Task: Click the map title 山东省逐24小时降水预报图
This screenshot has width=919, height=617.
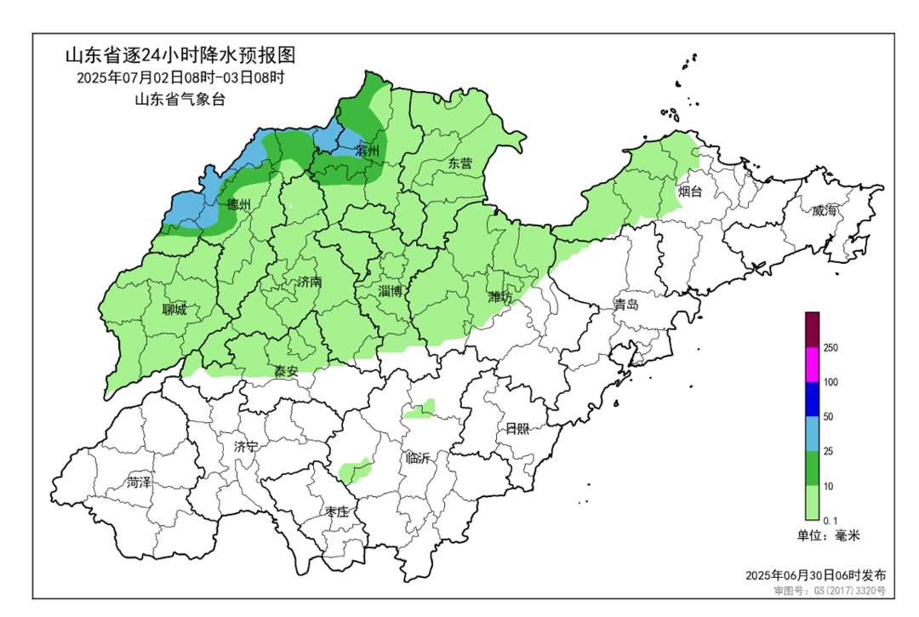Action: coord(180,56)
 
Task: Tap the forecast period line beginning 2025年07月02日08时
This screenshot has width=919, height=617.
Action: coord(180,77)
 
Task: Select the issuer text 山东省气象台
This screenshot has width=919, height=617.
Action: coord(180,99)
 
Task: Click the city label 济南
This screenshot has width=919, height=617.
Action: coord(310,282)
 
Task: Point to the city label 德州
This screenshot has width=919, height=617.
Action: coord(239,205)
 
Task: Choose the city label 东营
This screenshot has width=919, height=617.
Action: coord(460,163)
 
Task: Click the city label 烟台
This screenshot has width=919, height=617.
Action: coord(691,192)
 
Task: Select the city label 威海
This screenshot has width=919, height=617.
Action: coord(824,211)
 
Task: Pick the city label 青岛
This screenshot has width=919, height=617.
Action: coord(625,304)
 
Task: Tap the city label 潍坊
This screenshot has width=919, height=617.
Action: coord(499,296)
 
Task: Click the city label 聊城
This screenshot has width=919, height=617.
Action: coord(174,310)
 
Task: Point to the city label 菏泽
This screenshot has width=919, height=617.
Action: coord(139,483)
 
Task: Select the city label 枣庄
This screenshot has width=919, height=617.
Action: coord(337,511)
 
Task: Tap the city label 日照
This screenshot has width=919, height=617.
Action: coord(517,428)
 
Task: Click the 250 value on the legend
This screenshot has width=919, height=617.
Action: coord(831,348)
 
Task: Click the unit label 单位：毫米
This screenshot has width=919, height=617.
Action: coord(829,536)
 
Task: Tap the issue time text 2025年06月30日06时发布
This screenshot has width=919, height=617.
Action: coord(815,575)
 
